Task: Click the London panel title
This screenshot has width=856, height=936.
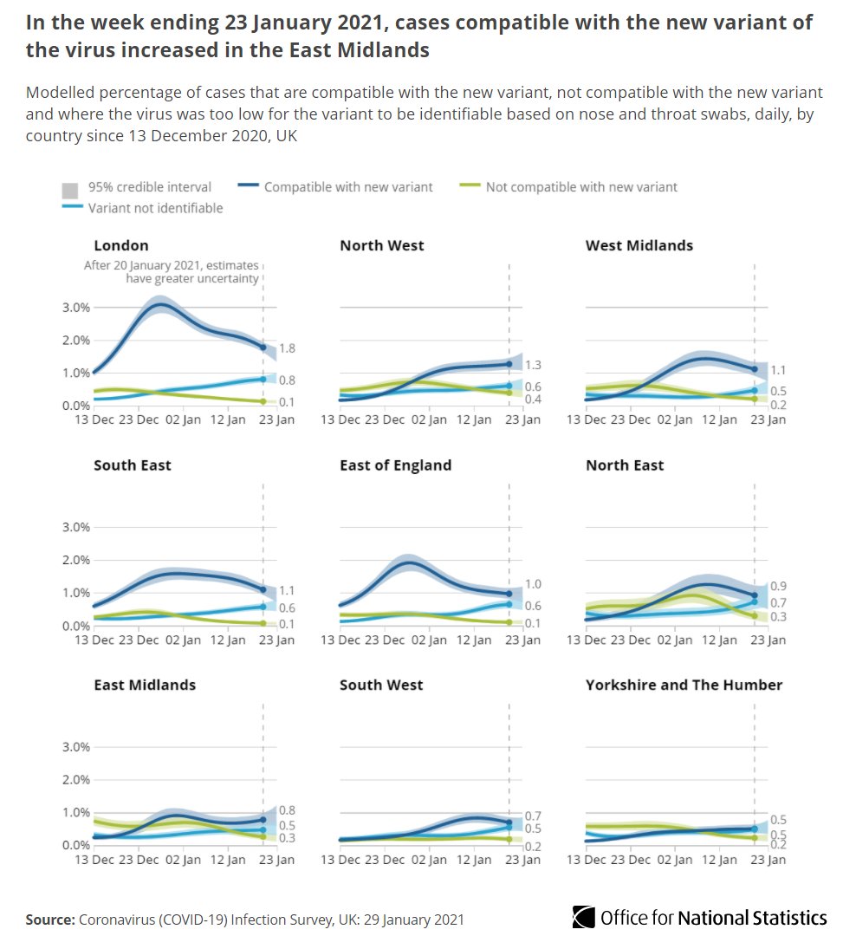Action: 121,245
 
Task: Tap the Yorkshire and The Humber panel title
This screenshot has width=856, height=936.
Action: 684,685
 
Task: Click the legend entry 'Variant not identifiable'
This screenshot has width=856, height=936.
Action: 155,208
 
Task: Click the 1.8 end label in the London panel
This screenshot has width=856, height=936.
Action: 288,348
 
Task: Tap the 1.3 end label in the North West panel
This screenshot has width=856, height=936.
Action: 533,366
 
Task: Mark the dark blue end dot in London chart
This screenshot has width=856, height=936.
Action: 263,348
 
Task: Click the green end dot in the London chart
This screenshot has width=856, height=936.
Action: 263,401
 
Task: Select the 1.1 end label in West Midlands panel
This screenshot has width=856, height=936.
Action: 778,370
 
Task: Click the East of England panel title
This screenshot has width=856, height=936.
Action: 395,465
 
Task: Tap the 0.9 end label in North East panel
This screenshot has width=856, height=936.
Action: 778,587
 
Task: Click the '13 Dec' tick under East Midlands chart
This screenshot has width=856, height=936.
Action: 94,860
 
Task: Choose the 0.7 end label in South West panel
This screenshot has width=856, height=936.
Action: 533,816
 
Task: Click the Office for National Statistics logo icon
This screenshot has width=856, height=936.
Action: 584,917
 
